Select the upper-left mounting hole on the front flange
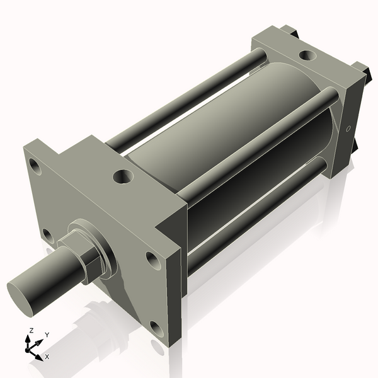(35, 167)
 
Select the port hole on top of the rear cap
(306, 55)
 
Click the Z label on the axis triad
(31, 331)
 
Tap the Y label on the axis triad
(47, 335)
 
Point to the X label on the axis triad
(47, 357)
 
